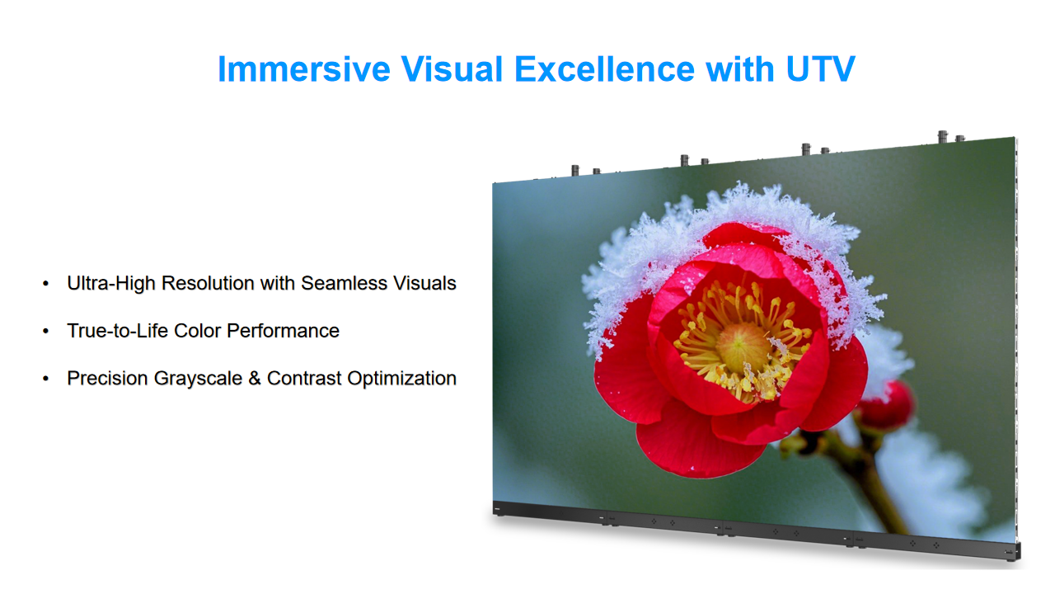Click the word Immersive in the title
(304, 69)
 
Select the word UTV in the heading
(820, 69)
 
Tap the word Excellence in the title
(604, 69)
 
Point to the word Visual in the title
(452, 69)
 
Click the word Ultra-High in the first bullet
(111, 283)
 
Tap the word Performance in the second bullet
(283, 331)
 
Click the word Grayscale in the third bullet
(198, 379)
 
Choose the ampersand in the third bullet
(255, 379)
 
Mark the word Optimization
(401, 379)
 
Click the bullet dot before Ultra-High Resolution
(45, 283)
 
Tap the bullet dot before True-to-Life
(45, 331)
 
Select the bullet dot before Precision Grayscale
(45, 379)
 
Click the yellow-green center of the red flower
(742, 346)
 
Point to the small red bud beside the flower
(886, 405)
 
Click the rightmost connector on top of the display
(960, 138)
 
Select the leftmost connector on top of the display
(575, 170)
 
